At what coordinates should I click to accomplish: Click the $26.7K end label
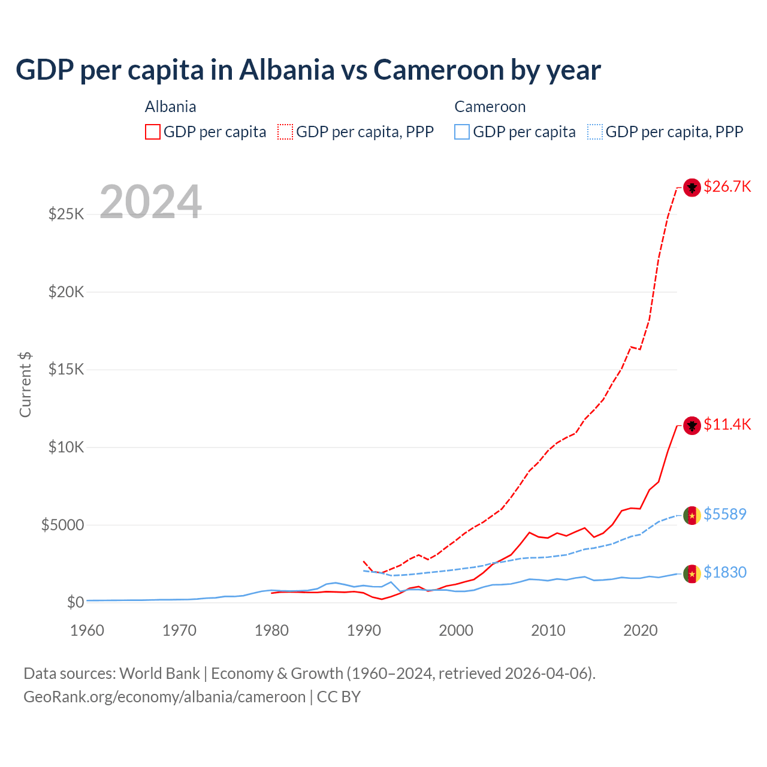pos(727,186)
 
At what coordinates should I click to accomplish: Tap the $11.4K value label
pos(727,424)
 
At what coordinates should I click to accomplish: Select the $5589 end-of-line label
pos(724,514)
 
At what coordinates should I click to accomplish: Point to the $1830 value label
pos(724,572)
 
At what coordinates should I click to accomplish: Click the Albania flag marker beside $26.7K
pos(692,188)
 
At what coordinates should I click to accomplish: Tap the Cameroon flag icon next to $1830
pos(692,573)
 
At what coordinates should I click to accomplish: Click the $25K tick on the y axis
pos(66,214)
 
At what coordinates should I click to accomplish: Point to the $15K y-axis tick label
pos(66,369)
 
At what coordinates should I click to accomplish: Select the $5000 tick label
pos(62,525)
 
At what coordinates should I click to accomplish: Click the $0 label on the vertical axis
pos(75,602)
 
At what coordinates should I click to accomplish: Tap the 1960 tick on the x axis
pos(87,630)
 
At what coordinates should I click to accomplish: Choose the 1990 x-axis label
pos(364,630)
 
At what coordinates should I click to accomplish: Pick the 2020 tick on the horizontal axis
pos(641,630)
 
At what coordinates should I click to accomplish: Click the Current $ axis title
pos(25,385)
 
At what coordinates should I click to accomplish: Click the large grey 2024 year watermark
pos(150,202)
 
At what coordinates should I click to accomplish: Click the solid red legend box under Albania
pos(152,132)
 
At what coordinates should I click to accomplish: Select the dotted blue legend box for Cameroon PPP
pos(594,132)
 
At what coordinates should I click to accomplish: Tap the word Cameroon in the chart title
pos(439,70)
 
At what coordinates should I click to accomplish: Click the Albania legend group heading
pos(170,107)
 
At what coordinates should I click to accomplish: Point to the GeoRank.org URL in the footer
pos(164,697)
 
